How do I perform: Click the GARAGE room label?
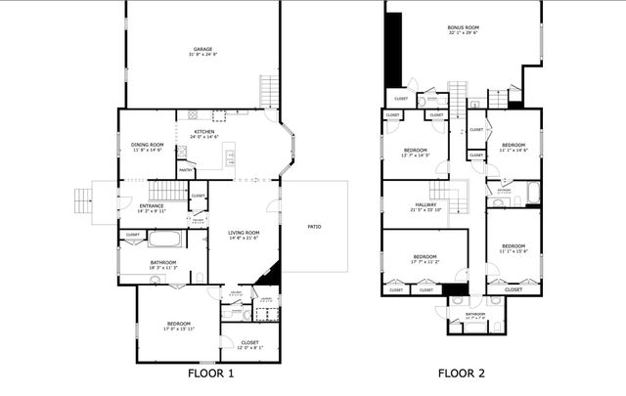coord(202,48)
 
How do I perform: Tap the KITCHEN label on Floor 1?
coord(203,132)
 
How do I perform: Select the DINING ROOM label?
coord(147,145)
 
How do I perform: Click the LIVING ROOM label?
coord(245,233)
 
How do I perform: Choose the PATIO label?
coord(314,226)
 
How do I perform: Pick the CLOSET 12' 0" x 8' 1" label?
coord(249,342)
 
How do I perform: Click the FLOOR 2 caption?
coord(461,373)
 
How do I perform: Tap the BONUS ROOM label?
coord(462,27)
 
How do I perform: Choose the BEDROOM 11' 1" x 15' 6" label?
coord(514,245)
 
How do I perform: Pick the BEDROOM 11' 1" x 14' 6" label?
coord(514,145)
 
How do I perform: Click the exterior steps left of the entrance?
coord(83,200)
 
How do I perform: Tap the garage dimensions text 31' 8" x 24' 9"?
coord(202,54)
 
